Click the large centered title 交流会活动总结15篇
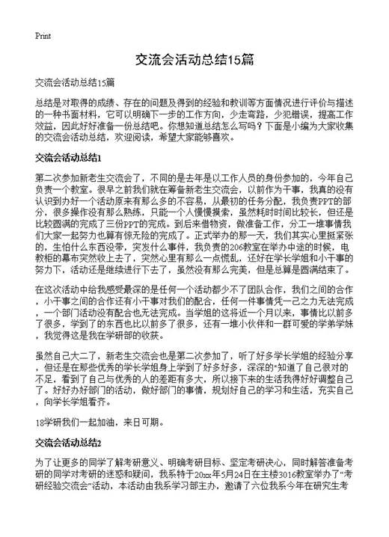pyautogui.click(x=194, y=57)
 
